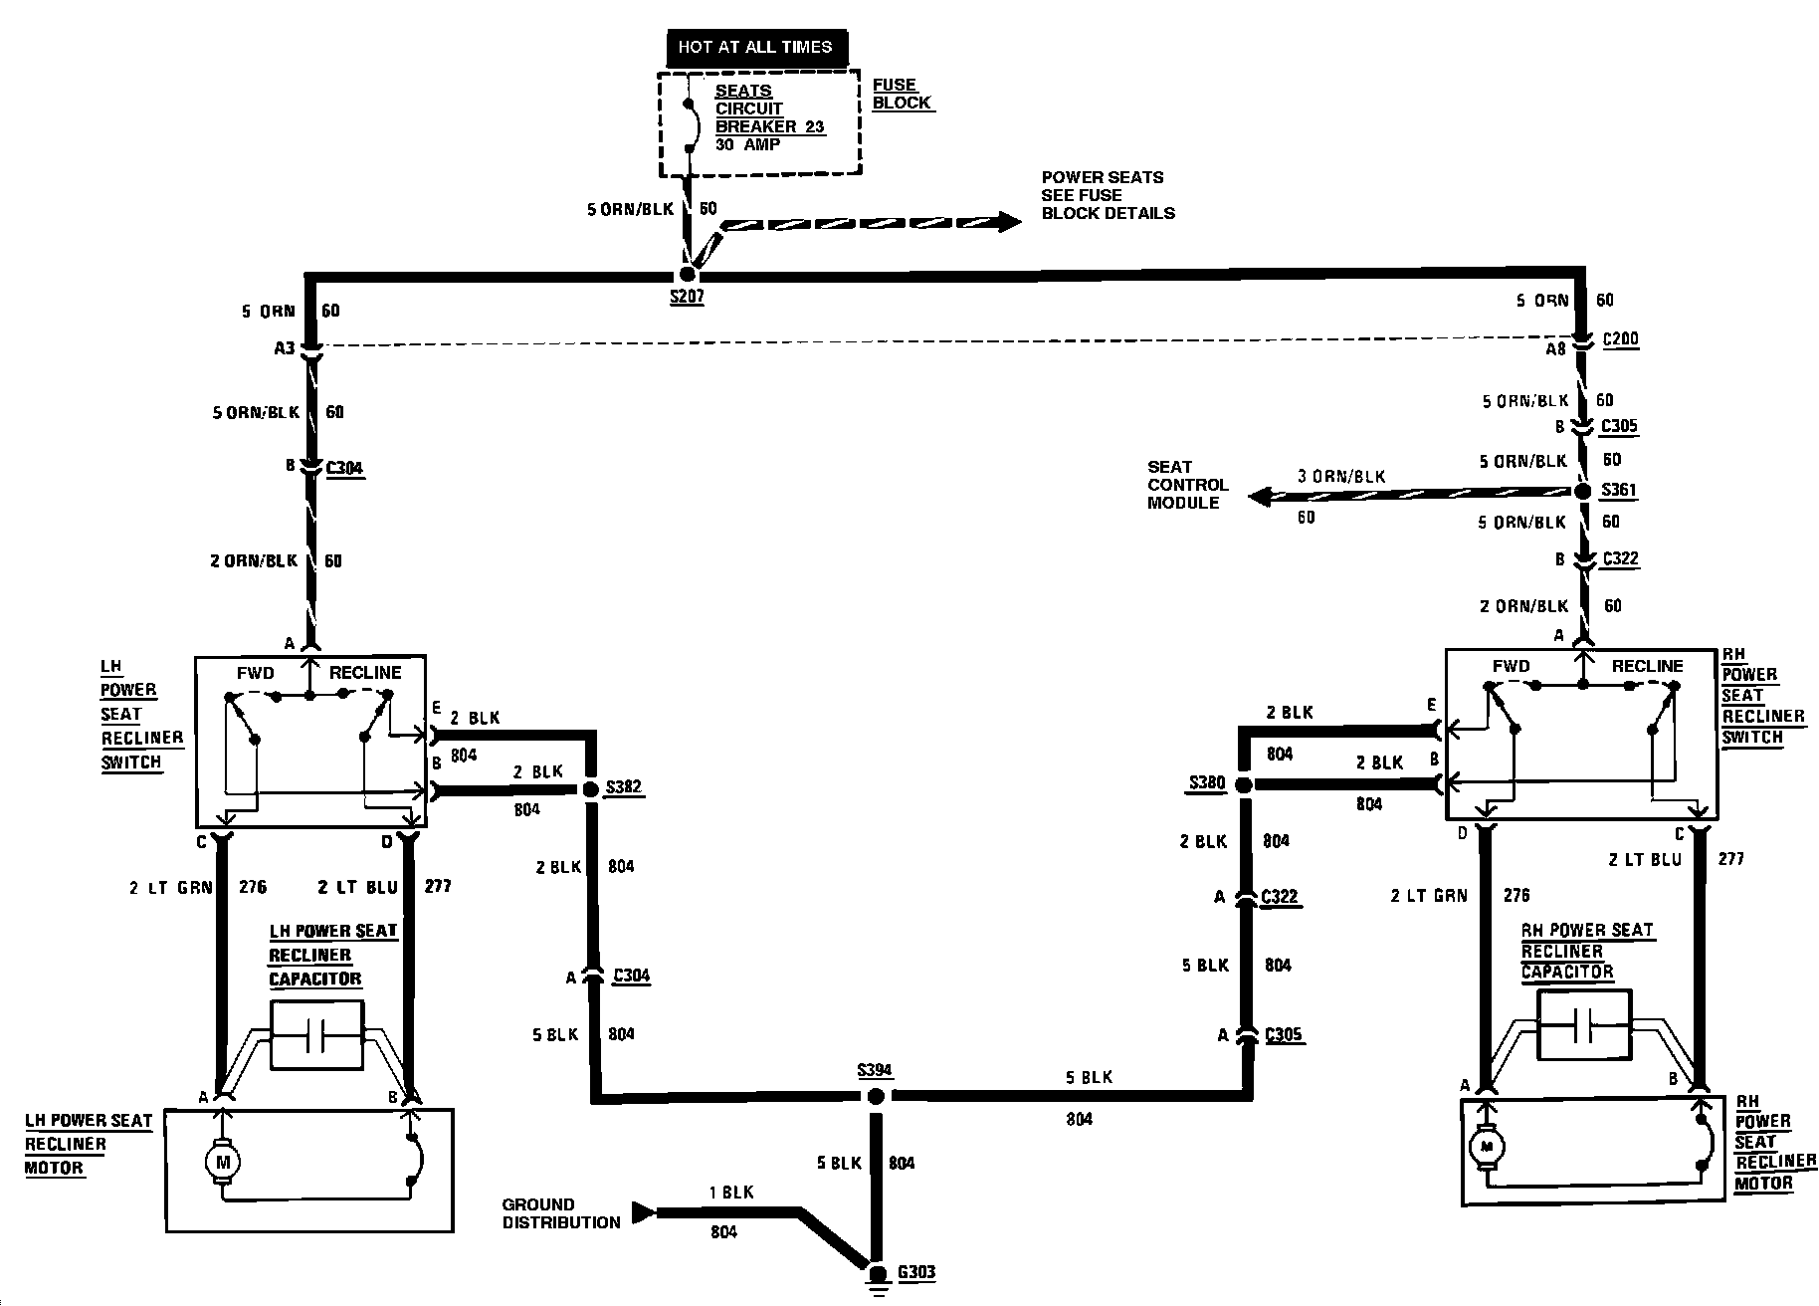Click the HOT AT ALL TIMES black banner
(754, 47)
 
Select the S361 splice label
(1618, 491)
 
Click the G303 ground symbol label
(915, 1271)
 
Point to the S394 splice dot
(876, 1097)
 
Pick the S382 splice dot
(589, 788)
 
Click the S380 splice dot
(1243, 784)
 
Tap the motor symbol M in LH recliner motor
(223, 1161)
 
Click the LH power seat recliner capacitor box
(316, 1035)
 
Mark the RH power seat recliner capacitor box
(1583, 1024)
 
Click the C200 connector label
(1620, 338)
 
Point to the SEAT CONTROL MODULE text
(1187, 485)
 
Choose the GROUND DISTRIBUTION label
(561, 1213)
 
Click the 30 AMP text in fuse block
(747, 144)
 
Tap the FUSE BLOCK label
(902, 94)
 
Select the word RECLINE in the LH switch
(365, 673)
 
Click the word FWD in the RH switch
(1511, 666)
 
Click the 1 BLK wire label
(731, 1193)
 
